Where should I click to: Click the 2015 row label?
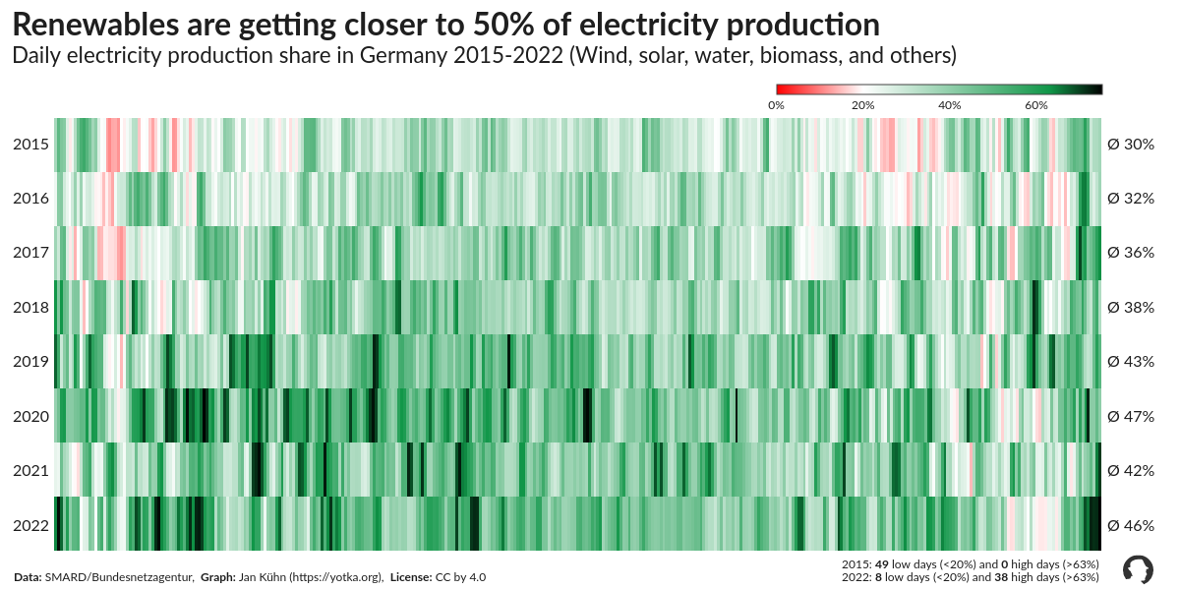tap(30, 145)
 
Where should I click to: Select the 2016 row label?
tap(30, 199)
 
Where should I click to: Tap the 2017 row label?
tap(30, 253)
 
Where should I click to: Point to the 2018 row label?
tap(30, 308)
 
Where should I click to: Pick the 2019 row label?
tap(30, 362)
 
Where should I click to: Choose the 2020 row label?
tap(30, 416)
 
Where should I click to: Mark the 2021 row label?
tap(30, 470)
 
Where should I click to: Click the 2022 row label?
tap(30, 525)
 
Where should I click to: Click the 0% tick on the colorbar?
tap(776, 104)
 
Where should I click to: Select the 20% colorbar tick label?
tap(862, 104)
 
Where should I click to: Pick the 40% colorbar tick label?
tap(949, 104)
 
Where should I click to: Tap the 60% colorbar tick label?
tap(1035, 104)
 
